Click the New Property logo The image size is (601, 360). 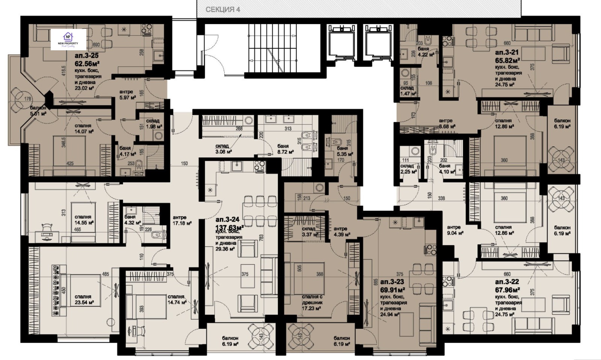[x=69, y=40]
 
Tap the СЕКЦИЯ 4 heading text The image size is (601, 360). [x=223, y=9]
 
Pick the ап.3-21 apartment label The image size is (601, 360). [x=507, y=52]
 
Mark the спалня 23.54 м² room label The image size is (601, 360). [x=83, y=299]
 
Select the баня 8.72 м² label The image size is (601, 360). [x=283, y=149]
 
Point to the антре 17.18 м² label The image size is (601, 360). [x=182, y=220]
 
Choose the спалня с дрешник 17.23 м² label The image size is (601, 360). [x=312, y=303]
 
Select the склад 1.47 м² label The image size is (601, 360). [x=407, y=90]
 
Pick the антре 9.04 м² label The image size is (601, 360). [x=454, y=230]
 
